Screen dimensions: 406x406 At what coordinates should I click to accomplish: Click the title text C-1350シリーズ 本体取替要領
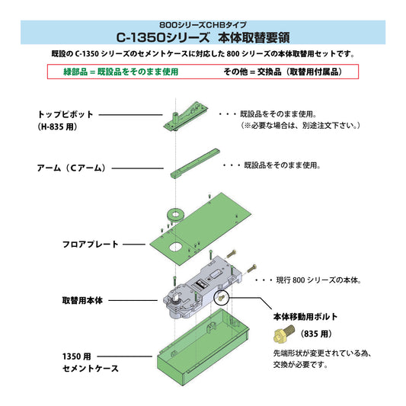tap(203, 37)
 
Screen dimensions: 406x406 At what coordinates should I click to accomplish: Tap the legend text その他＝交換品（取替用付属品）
tap(281, 72)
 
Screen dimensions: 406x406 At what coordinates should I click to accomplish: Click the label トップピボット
tap(66, 114)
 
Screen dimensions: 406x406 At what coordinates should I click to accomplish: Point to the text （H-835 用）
tap(57, 127)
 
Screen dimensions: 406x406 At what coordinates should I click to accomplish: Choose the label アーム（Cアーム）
tap(72, 167)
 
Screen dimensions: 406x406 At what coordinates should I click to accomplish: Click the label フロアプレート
tap(90, 245)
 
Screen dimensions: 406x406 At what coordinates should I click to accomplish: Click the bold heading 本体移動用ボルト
tap(305, 316)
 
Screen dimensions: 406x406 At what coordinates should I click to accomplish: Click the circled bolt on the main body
tap(223, 296)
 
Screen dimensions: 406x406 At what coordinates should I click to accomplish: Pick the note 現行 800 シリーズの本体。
tap(308, 281)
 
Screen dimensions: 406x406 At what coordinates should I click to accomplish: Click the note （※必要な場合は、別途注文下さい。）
tap(301, 126)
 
